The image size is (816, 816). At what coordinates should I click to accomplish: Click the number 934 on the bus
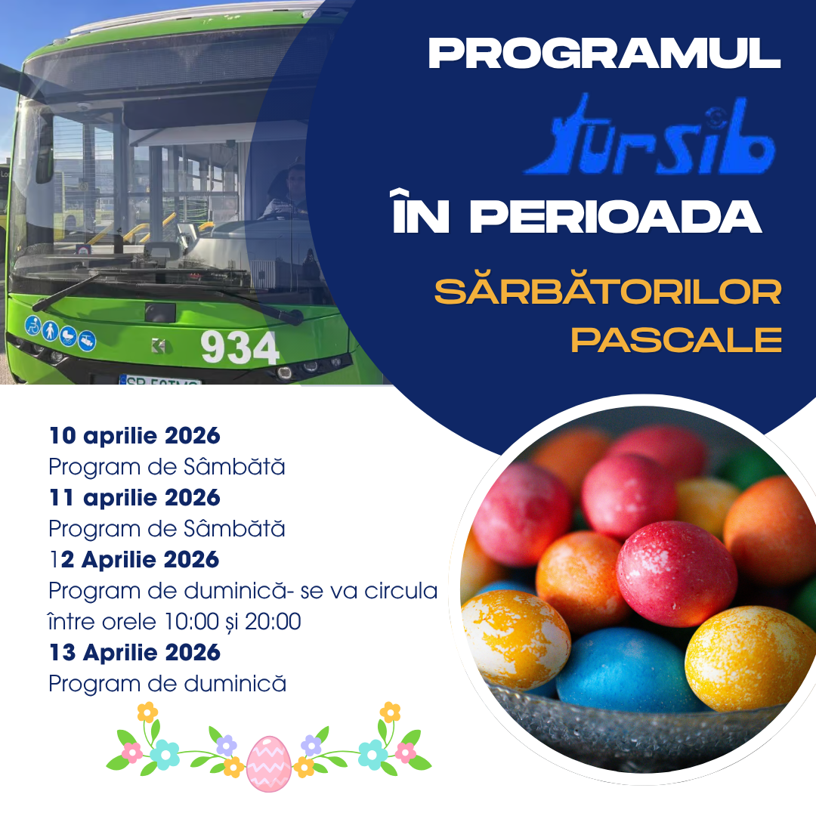tap(240, 348)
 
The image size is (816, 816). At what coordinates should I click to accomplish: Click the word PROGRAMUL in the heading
tap(604, 54)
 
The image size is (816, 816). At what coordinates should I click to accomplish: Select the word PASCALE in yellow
tap(676, 340)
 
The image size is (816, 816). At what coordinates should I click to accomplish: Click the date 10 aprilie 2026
tap(134, 436)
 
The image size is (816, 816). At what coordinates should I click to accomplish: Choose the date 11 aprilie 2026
tap(134, 498)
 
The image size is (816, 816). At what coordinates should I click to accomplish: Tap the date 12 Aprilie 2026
tap(134, 560)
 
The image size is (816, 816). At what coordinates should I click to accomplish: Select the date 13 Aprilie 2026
tap(134, 653)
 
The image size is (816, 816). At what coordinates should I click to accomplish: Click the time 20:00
tap(273, 621)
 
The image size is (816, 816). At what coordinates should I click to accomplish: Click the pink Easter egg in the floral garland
tap(268, 764)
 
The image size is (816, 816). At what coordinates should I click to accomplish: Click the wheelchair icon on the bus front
tap(32, 325)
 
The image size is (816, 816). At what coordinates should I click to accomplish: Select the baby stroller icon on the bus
tap(68, 335)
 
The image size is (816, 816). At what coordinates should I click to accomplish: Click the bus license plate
tap(159, 380)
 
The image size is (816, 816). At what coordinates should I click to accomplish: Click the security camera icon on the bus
tap(87, 341)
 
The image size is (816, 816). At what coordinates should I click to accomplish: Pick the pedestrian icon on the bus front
tap(50, 330)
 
